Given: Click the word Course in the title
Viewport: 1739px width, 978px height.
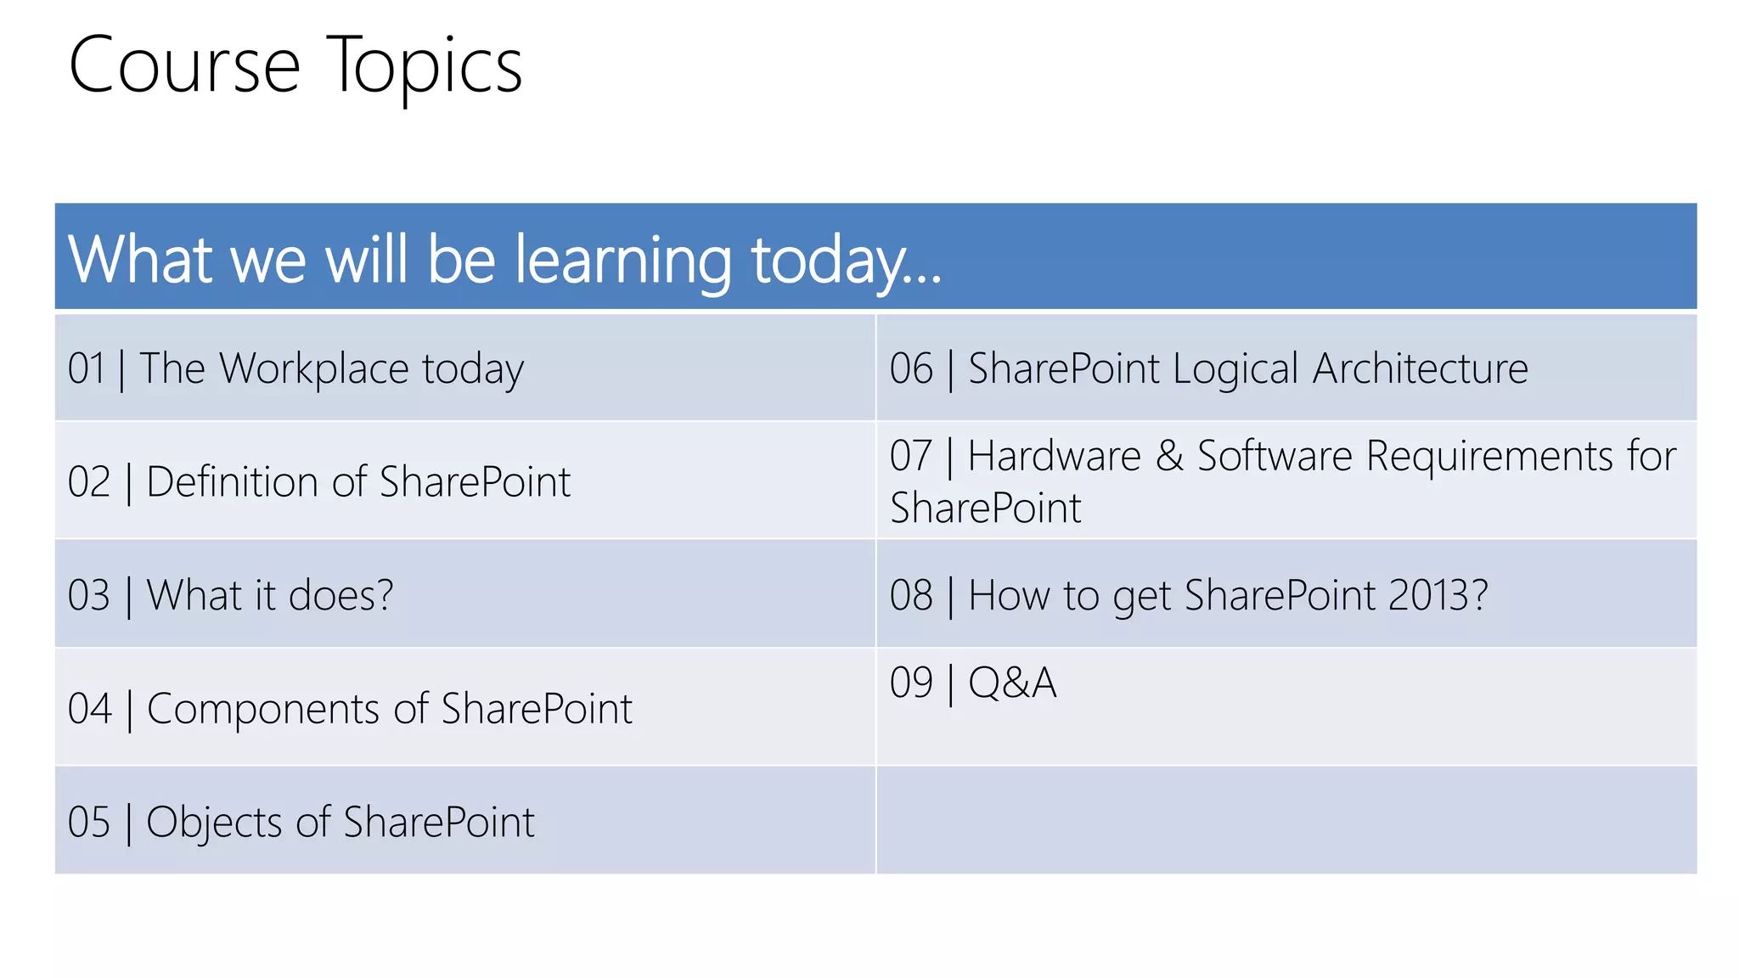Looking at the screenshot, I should (184, 66).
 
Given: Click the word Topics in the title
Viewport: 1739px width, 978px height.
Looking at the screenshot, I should (424, 66).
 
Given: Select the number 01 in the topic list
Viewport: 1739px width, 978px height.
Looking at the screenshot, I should (87, 368).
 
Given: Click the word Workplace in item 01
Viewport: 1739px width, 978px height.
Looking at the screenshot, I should (314, 368).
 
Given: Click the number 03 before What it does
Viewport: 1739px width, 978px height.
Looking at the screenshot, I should (88, 595).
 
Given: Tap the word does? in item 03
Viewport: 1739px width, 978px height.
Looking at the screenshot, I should (340, 595).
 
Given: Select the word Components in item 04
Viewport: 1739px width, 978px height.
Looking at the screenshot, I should (262, 708).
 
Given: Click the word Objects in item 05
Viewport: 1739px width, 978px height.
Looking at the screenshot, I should (213, 822).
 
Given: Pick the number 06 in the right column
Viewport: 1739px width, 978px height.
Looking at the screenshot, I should (911, 368).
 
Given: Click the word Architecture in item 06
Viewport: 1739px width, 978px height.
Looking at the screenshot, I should (1420, 368).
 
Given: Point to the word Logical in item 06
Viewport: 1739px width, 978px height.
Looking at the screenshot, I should (1235, 368).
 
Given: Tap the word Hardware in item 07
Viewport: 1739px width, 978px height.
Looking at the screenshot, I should (1054, 456).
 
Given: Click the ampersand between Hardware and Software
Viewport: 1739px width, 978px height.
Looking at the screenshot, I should (1169, 456).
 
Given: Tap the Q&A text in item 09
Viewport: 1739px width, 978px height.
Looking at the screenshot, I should (1012, 683).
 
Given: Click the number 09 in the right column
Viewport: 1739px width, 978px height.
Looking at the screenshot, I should (911, 683).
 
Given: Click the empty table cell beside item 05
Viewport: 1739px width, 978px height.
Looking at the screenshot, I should (1286, 820).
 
